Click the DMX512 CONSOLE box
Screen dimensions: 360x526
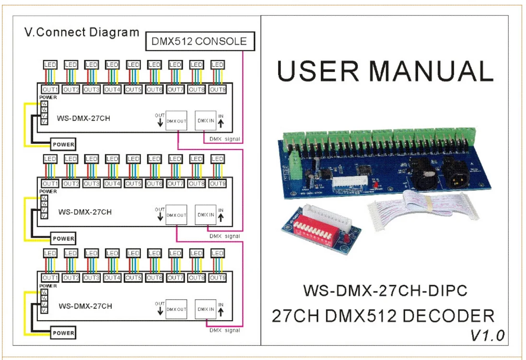[x=199, y=41]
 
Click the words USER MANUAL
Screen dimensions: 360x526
[x=385, y=71]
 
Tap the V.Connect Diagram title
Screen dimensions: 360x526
[x=82, y=33]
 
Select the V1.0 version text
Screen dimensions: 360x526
[x=487, y=335]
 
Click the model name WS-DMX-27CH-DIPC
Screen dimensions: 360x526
[x=385, y=290]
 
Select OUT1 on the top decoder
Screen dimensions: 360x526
[x=50, y=89]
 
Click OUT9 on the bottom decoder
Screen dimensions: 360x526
[x=217, y=278]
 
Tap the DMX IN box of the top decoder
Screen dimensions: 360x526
[x=205, y=121]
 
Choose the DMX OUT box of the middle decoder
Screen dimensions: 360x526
[x=176, y=215]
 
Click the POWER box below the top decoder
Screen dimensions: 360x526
[x=64, y=144]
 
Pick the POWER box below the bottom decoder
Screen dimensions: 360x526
[x=64, y=333]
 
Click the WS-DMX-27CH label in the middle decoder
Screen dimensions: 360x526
[x=85, y=211]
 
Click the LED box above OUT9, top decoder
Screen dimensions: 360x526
[x=217, y=65]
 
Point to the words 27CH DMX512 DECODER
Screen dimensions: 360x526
[x=382, y=316]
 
